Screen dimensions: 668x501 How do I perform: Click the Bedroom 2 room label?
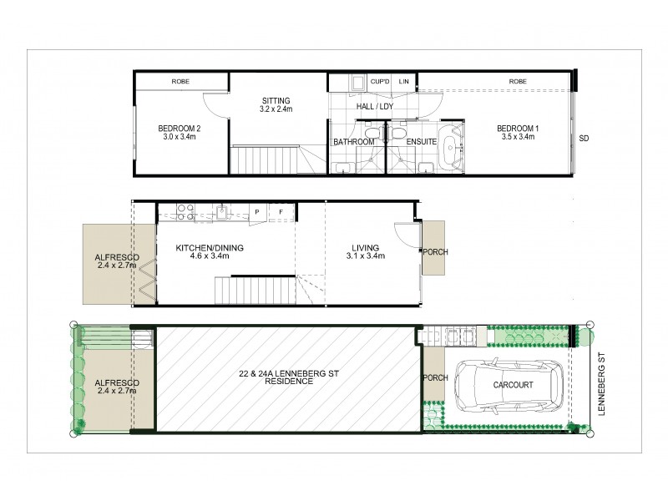[x=179, y=133]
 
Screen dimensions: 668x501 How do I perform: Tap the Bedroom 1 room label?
[x=518, y=133]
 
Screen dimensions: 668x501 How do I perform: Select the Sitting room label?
[x=276, y=105]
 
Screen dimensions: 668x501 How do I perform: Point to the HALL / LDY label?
[x=375, y=107]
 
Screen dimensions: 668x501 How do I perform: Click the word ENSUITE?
[x=422, y=142]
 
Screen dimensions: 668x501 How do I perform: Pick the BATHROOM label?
[x=353, y=142]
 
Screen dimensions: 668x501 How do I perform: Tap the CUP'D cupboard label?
[x=380, y=81]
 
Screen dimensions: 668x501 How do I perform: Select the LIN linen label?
[x=403, y=81]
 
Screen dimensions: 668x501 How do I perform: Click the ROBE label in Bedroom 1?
[x=518, y=81]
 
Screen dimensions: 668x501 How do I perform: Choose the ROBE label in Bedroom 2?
[x=180, y=81]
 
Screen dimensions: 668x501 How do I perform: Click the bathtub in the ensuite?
[x=451, y=148]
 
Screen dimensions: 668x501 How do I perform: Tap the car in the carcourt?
[x=509, y=385]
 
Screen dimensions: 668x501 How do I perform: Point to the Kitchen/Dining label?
[x=210, y=252]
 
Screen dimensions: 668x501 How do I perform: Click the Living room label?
[x=366, y=252]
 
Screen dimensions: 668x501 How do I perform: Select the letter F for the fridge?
[x=281, y=212]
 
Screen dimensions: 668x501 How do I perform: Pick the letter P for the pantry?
[x=257, y=212]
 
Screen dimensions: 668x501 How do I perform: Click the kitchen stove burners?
[x=185, y=212]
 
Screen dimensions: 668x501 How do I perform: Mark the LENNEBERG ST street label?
[x=601, y=384]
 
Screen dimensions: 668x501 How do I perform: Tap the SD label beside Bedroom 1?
[x=584, y=139]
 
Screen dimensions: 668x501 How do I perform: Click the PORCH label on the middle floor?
[x=435, y=252]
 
